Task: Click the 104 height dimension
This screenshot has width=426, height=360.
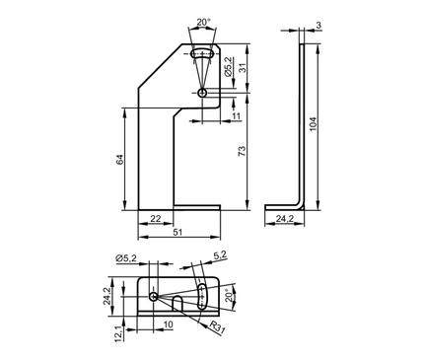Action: tap(313, 124)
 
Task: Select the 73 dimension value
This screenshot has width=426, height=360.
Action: tap(242, 151)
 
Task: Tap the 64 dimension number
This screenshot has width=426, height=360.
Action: tap(119, 160)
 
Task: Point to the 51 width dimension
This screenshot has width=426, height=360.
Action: tap(177, 232)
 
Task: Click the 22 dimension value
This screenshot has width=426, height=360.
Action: tap(156, 219)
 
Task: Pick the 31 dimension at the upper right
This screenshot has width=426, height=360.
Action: tap(242, 68)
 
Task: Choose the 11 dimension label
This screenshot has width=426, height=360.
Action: tap(237, 116)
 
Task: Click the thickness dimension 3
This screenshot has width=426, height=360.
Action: tap(319, 25)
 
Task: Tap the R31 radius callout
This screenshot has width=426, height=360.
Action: tap(217, 327)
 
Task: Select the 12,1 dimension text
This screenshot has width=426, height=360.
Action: tap(118, 334)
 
